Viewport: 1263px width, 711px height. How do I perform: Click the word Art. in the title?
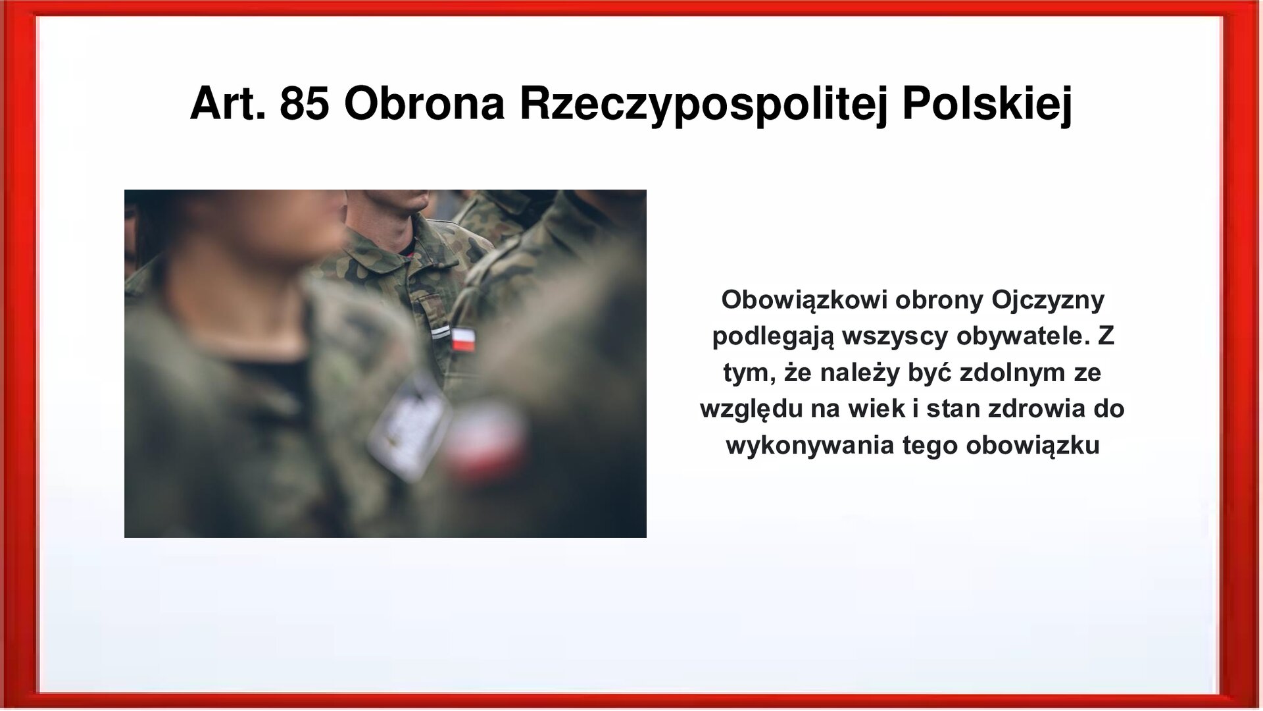(228, 104)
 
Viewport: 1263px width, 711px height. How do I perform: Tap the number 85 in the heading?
(304, 104)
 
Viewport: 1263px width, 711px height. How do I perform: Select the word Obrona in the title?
(424, 104)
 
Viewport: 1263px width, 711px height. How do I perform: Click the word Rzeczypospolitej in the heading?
(703, 104)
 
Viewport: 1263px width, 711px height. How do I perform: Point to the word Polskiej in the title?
(987, 104)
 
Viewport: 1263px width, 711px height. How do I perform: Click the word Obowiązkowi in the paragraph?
(803, 300)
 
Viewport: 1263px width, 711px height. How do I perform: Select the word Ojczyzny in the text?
(1047, 300)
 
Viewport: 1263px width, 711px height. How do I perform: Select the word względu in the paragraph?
(751, 409)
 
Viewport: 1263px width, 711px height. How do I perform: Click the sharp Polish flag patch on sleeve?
(463, 340)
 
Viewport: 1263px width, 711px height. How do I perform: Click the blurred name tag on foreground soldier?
(409, 421)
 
